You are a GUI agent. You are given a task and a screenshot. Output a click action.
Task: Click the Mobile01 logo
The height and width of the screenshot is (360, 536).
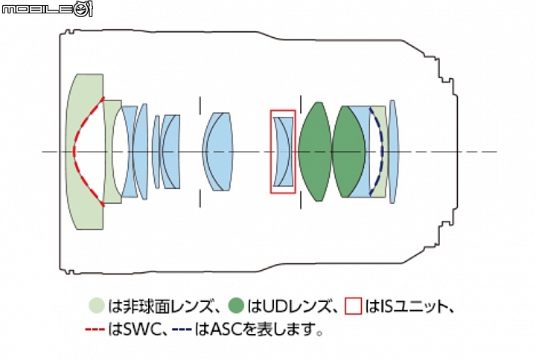pos(47,8)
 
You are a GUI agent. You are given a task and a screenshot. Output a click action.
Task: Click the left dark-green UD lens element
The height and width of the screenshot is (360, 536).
pos(315,151)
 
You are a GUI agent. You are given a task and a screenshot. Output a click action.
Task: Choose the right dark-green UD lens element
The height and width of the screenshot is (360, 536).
pos(348,151)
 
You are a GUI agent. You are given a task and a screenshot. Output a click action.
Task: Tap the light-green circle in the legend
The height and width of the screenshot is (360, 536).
pos(96,306)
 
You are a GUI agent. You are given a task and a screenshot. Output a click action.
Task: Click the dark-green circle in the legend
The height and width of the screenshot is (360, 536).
pos(236,306)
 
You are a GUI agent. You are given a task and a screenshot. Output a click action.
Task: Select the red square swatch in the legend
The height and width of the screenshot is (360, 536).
pos(354,306)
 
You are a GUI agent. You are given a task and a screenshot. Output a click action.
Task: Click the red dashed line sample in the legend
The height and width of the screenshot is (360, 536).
pos(95,330)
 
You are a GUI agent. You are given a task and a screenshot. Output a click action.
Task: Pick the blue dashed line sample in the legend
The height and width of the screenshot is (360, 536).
pos(182,330)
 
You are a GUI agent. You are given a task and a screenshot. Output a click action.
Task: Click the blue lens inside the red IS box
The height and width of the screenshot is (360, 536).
pos(284,152)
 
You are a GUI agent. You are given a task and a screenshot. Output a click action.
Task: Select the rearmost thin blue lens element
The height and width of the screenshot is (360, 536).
pos(393,152)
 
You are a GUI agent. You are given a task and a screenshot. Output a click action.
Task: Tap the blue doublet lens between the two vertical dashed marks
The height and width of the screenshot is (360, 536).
pos(218,152)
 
